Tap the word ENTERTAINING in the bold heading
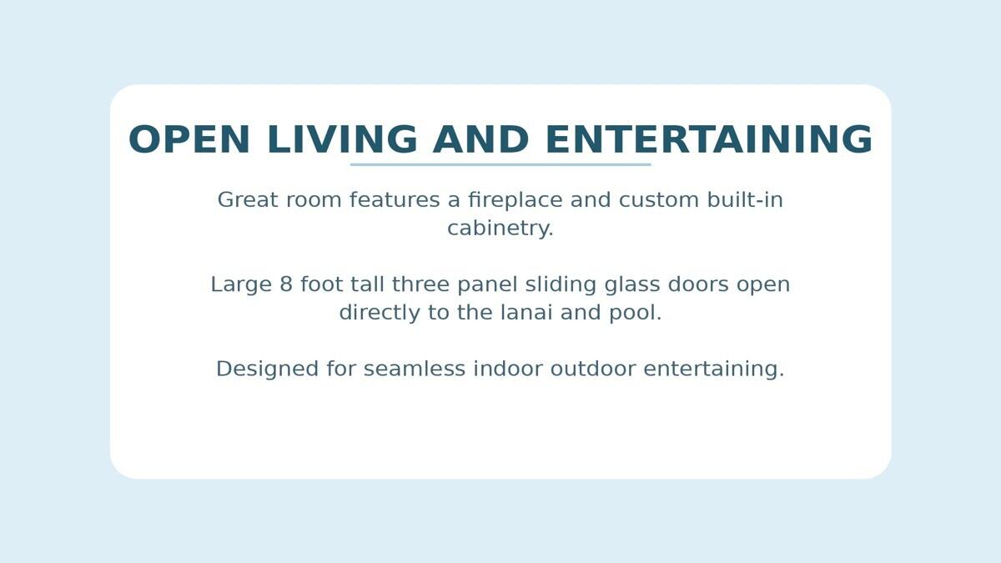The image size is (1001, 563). [708, 140]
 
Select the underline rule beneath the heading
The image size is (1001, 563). [500, 164]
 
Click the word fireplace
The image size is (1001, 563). [519, 200]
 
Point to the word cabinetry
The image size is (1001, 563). [500, 229]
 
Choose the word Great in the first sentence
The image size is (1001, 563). [248, 200]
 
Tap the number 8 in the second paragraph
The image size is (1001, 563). [286, 285]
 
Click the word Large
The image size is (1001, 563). [241, 285]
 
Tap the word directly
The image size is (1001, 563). [375, 314]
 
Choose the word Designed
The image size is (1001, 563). [267, 369]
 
